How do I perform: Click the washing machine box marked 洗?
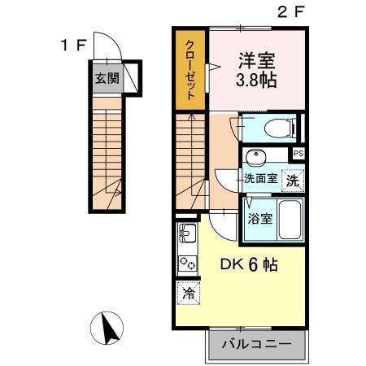click(292, 181)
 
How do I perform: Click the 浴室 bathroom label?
click(261, 217)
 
